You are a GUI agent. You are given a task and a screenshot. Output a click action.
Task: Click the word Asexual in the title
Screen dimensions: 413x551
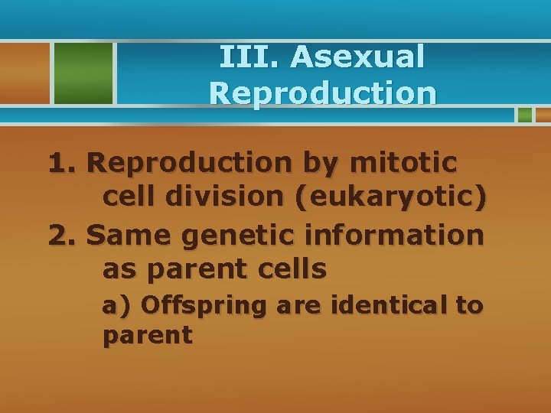pos(357,57)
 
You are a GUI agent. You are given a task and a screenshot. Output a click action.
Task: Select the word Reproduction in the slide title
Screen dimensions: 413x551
pos(323,93)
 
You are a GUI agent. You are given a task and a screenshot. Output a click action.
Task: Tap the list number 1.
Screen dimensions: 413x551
pos(63,163)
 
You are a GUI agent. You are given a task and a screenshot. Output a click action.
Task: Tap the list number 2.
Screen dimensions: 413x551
pos(63,235)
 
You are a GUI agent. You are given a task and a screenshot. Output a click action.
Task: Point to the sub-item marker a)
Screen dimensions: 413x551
pos(118,306)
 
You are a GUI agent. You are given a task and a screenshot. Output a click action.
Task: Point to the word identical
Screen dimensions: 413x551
pos(389,306)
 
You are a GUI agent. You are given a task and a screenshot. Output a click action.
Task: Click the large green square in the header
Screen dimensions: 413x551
pos(83,73)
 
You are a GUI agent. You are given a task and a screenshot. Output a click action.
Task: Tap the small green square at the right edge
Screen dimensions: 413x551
pos(524,115)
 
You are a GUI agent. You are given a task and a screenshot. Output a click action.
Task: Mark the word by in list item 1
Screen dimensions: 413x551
pos(317,164)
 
